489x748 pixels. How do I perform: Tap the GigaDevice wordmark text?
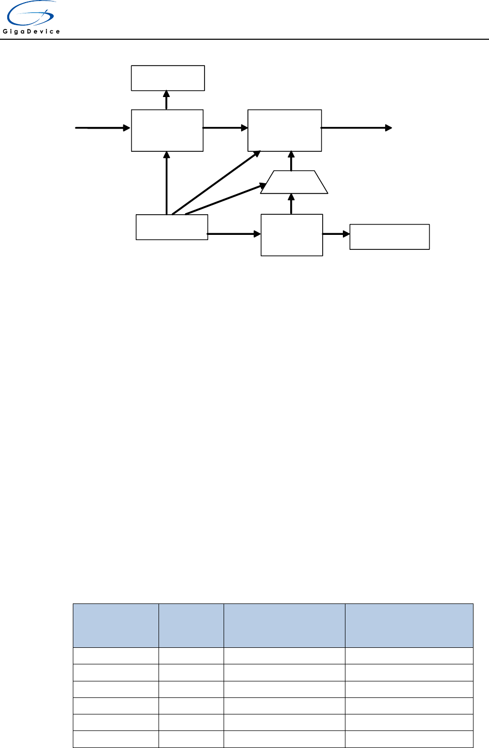[31, 31]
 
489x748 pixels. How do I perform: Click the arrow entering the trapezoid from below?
[292, 204]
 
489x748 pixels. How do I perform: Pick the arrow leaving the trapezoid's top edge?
[292, 161]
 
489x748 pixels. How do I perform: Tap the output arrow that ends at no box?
[356, 128]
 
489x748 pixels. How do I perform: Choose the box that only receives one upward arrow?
[168, 78]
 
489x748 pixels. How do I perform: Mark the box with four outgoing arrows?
[171, 227]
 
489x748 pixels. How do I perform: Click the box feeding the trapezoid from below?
[292, 235]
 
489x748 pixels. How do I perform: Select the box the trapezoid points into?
[285, 130]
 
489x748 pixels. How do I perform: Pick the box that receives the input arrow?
[167, 130]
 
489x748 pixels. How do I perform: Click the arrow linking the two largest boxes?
[226, 128]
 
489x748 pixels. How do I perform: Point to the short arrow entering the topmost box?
[166, 100]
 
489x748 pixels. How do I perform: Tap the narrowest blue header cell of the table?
[191, 625]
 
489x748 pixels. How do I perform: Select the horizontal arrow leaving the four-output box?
[234, 234]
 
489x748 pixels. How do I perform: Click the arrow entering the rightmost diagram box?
[336, 234]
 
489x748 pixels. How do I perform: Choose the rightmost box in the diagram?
[389, 237]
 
